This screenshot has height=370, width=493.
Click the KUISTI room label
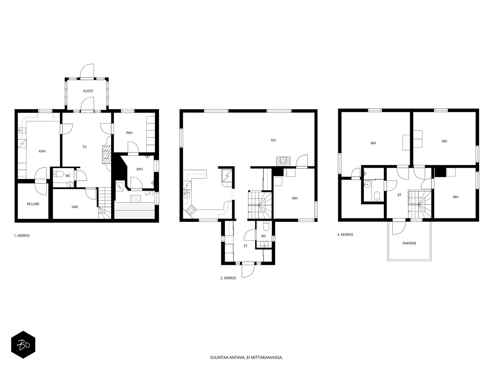(x=88, y=91)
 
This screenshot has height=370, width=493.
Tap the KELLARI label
(x=33, y=204)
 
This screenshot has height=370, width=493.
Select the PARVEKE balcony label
(x=409, y=243)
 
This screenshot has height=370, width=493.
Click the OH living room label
(x=273, y=140)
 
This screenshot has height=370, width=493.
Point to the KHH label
(x=42, y=151)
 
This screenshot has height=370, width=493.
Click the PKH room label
(x=129, y=133)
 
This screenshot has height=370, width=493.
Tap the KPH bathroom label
(x=140, y=169)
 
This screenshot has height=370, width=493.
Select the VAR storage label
(x=75, y=207)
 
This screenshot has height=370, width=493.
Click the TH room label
(x=84, y=147)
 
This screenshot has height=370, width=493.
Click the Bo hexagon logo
(x=23, y=345)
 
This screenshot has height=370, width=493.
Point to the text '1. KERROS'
(x=22, y=236)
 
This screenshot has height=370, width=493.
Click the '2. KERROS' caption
(x=228, y=278)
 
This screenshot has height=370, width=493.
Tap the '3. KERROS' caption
(x=345, y=235)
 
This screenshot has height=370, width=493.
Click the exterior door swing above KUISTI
(x=87, y=71)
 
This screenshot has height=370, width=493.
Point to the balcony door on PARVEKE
(x=399, y=227)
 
